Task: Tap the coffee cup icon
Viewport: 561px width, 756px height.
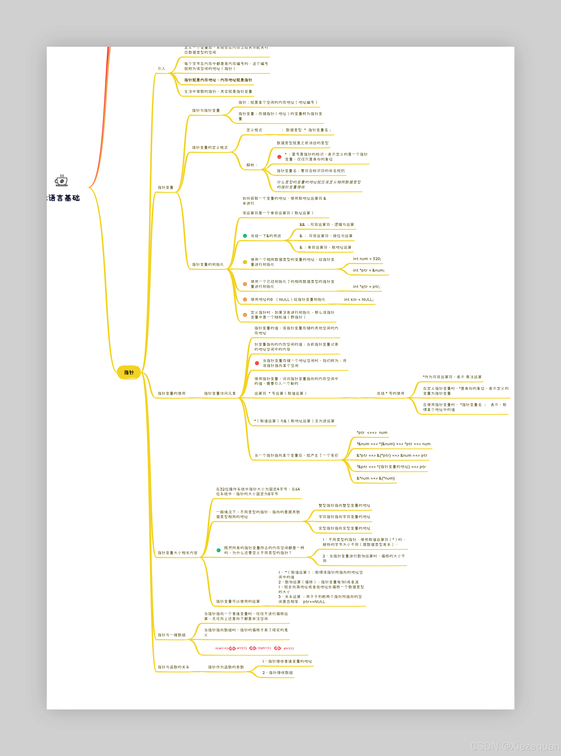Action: point(61,181)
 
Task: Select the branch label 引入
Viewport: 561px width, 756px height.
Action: point(161,69)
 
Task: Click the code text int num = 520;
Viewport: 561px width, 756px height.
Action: point(367,259)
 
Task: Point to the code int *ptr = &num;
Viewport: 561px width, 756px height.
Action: point(369,270)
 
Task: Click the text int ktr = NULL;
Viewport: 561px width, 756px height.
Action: point(359,300)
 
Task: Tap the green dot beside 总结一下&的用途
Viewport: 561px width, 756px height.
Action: point(245,236)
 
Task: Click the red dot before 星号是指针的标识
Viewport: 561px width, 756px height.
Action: point(279,157)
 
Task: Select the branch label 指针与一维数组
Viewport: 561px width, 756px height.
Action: point(171,635)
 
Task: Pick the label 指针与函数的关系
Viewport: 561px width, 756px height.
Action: point(173,667)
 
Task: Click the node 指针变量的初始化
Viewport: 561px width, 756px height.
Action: point(208,265)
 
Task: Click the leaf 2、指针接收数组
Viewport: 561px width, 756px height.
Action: point(277,673)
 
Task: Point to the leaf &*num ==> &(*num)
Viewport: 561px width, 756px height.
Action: point(376,478)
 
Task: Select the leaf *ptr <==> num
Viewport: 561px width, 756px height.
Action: point(372,433)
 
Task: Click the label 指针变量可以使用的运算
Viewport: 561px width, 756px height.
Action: point(238,602)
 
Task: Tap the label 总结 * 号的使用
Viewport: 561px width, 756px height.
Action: point(391,394)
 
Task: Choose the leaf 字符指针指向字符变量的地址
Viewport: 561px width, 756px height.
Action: point(344,517)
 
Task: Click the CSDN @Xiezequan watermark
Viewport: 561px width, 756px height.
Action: point(514,747)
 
